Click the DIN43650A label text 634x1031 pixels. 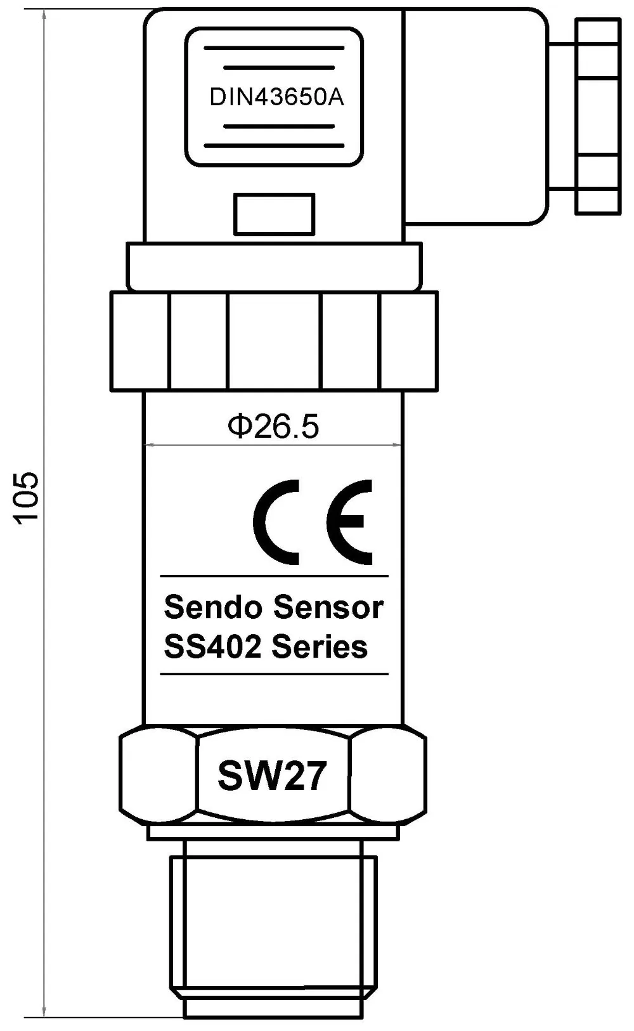[276, 97]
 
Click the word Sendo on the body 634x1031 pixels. [213, 607]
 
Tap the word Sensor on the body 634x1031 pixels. [328, 607]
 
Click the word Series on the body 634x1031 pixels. [320, 647]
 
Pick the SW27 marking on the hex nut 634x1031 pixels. [273, 776]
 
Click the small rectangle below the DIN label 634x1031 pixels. [275, 214]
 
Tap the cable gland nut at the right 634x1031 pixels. [598, 116]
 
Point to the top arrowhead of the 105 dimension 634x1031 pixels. [44, 13]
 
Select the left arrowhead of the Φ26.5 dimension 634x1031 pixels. [149, 444]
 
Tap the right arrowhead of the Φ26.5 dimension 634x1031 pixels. [397, 444]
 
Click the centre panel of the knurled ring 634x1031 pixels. [275, 342]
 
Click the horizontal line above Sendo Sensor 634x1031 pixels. [275, 576]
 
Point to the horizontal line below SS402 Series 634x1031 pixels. [275, 674]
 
